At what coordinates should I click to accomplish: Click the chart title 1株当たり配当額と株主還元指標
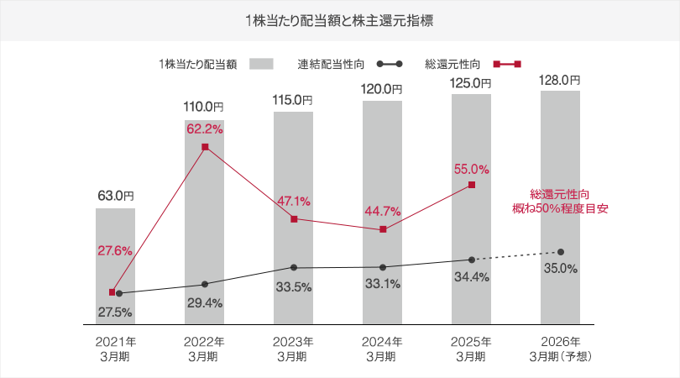tap(340, 19)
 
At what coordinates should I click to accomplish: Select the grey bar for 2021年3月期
tap(115, 265)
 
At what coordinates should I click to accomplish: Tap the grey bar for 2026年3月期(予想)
tap(560, 206)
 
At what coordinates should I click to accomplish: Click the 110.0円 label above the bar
tap(204, 107)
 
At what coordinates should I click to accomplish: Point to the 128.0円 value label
tap(560, 80)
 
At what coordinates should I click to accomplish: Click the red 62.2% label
tap(204, 129)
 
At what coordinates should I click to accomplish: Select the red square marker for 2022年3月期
tap(204, 148)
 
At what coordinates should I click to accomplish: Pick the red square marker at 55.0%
tap(472, 185)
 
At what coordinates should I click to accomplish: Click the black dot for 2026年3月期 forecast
tap(560, 252)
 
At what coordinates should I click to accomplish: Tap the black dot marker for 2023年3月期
tap(294, 268)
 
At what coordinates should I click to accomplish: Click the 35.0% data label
tap(561, 269)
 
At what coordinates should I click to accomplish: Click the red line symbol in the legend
tap(508, 63)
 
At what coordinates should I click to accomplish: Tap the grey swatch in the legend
tap(263, 63)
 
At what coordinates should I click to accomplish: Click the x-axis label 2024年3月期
tap(383, 349)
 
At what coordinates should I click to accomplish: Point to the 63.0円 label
tap(116, 196)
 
